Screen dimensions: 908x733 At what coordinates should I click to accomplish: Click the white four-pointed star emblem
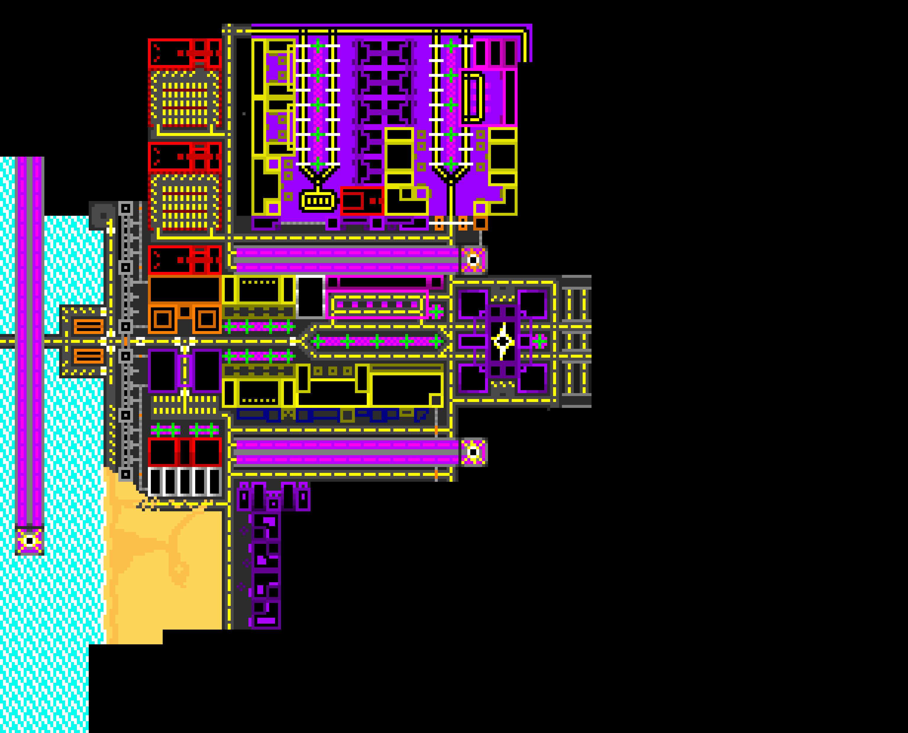pos(503,341)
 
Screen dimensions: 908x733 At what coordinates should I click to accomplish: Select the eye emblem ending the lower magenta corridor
pos(473,452)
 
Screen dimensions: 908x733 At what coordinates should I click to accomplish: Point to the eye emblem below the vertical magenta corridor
pos(30,541)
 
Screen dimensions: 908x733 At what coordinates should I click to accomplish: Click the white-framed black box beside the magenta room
pos(311,296)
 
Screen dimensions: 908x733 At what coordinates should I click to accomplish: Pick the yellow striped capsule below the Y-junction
pos(318,201)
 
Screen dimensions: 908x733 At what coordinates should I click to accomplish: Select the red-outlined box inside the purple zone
pos(362,201)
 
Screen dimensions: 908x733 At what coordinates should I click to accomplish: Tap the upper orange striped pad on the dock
pos(89,326)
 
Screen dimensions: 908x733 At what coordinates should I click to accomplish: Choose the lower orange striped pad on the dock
pos(89,356)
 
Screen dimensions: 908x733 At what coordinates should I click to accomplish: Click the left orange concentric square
pos(163,319)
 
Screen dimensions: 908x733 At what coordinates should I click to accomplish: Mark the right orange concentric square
pos(207,319)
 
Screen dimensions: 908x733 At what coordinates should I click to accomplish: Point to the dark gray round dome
pos(102,215)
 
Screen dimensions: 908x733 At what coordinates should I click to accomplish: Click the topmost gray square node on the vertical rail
pos(125,208)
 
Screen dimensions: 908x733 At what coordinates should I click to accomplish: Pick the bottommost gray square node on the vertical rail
pos(125,474)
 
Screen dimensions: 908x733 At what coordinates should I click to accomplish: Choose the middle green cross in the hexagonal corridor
pos(377,341)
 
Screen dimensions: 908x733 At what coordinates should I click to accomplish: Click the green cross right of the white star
pos(539,341)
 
